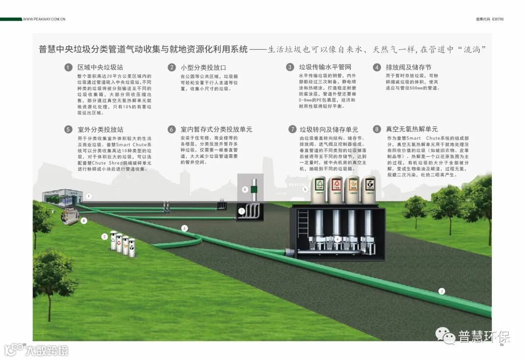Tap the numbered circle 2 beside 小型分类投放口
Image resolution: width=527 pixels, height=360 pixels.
pos(172,67)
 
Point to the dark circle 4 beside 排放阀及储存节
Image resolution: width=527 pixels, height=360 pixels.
pos(377,67)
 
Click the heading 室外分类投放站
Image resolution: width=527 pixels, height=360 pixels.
pos(100,129)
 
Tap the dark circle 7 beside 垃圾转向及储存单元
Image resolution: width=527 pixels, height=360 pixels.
pos(292,129)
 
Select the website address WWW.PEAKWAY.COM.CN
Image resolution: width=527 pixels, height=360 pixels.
pos(44,19)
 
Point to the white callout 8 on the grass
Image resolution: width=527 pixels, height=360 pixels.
pos(84,221)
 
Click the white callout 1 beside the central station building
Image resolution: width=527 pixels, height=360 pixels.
pos(89,196)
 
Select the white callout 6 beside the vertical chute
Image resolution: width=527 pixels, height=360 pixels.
pos(245,189)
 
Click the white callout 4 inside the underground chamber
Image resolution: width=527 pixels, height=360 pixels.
pos(338,239)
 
